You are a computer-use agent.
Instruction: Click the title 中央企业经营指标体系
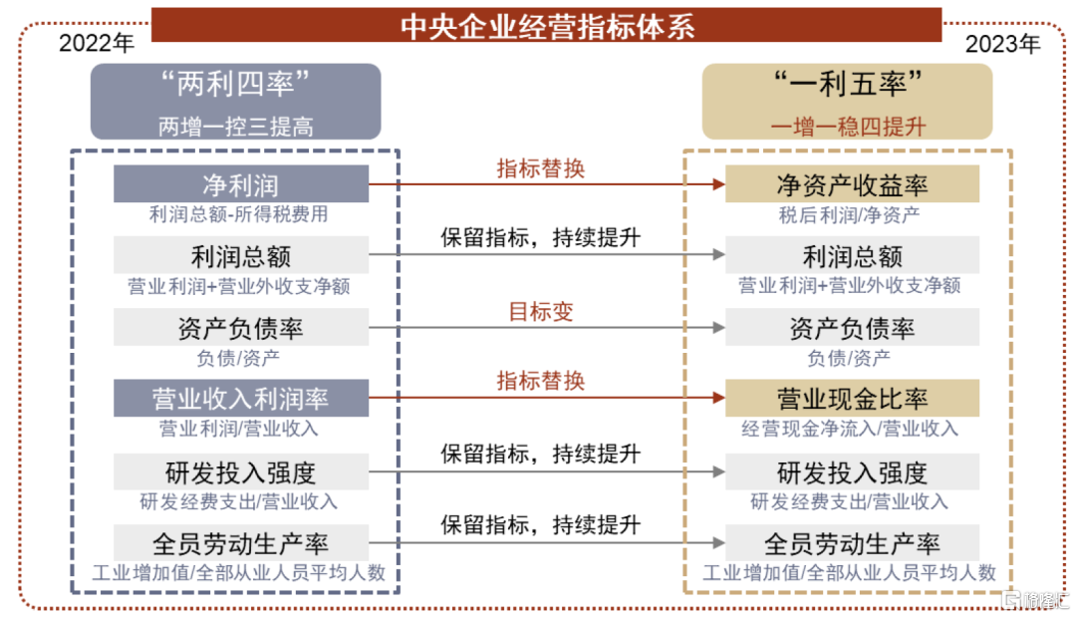coord(547,27)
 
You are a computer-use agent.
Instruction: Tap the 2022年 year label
coord(96,43)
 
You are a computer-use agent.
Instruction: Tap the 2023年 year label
coord(1002,44)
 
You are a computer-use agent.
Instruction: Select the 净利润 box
coord(241,184)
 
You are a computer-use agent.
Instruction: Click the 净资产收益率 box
coord(852,184)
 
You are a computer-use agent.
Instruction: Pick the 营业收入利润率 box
coord(241,398)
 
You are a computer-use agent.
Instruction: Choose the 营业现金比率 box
coord(852,398)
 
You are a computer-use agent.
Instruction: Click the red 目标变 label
coord(541,312)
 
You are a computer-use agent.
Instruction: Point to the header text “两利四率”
coord(235,85)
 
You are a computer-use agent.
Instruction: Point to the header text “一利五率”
coord(848,85)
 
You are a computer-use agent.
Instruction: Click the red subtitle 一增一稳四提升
coord(848,127)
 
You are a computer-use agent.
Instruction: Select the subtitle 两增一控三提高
coord(235,127)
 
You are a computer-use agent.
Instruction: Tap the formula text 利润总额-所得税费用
coord(239,214)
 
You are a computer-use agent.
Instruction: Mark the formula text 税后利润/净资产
coord(849,215)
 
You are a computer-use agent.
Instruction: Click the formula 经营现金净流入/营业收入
coord(850,429)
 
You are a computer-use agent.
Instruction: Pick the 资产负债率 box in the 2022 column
coord(241,327)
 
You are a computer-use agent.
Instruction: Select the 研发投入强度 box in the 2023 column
coord(852,471)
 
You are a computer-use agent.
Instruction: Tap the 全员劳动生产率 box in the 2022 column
coord(241,543)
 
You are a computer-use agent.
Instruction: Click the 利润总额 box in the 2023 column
coord(852,255)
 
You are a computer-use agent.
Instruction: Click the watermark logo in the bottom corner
coord(1036,600)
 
